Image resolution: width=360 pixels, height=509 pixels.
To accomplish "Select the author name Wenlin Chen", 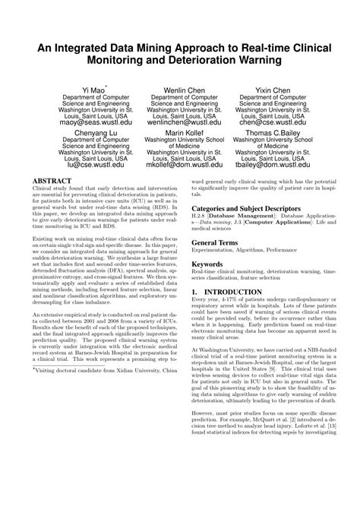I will point(181,89).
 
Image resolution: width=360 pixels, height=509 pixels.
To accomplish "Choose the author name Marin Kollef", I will point(181,131).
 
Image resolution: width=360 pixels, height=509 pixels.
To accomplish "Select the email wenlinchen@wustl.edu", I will point(181,121).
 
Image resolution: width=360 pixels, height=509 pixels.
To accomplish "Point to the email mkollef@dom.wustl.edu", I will point(181,163).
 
